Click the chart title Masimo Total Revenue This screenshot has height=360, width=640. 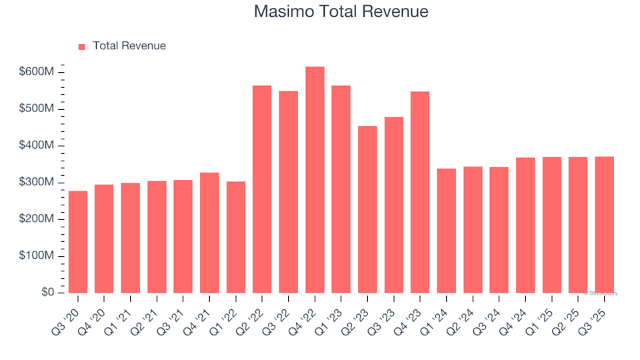point(341,12)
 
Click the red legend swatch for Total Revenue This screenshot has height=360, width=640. point(82,47)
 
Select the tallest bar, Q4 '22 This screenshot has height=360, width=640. point(315,180)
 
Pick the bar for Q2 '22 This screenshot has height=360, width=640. point(262,189)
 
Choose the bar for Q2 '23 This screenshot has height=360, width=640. point(367,209)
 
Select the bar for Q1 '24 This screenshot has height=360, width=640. point(447,231)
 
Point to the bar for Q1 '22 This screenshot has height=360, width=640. point(236,237)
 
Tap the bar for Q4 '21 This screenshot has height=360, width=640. point(209,233)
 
